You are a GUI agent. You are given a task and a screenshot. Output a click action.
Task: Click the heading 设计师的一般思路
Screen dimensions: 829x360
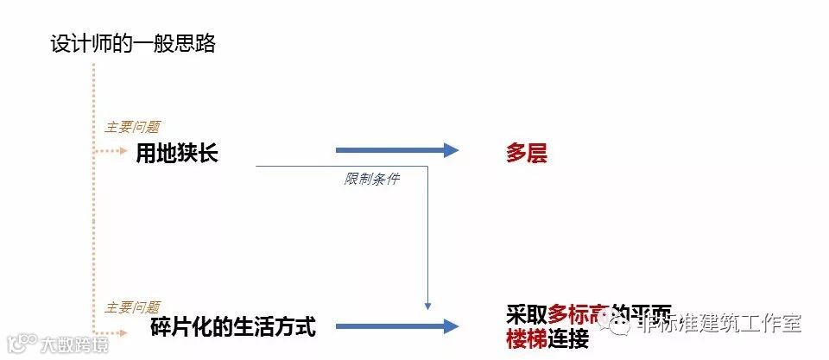click(132, 44)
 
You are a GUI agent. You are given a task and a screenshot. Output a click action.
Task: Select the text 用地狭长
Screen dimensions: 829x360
click(177, 154)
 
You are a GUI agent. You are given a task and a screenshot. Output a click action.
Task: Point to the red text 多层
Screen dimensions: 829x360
click(527, 155)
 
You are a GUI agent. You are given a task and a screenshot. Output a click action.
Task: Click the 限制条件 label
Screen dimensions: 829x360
click(371, 180)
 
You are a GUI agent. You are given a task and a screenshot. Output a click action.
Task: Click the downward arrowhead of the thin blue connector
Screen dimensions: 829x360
click(427, 305)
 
